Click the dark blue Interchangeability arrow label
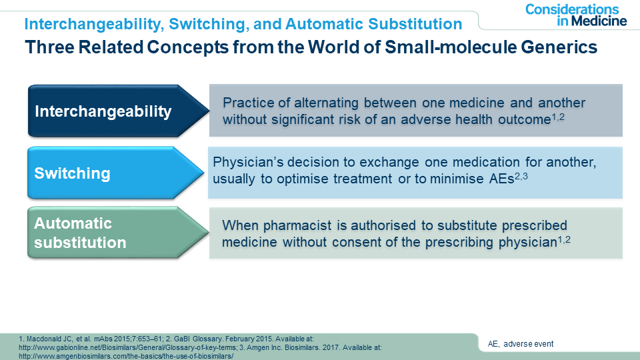(x=119, y=111)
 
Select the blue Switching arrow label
(x=115, y=173)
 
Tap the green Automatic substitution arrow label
(x=118, y=233)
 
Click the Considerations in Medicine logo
(x=575, y=15)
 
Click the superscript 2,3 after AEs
(x=521, y=176)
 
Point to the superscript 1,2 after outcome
(x=558, y=117)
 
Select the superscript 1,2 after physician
(x=564, y=239)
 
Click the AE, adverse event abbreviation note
(x=521, y=344)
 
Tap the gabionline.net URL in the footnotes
(x=128, y=347)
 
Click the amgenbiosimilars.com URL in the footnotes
(x=126, y=356)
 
